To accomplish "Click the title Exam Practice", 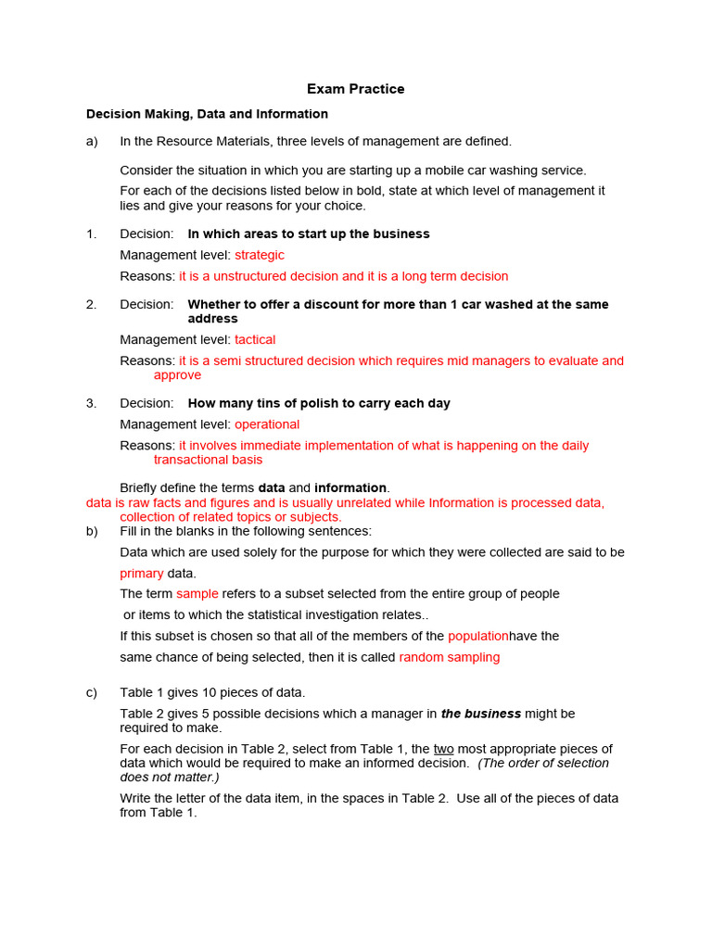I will pyautogui.click(x=356, y=90).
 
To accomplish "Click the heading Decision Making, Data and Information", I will pyautogui.click(x=207, y=114).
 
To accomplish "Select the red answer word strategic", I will pyautogui.click(x=260, y=255).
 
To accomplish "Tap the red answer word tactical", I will pyautogui.click(x=255, y=340).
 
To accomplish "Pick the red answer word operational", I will pyautogui.click(x=267, y=424).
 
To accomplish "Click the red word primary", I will pyautogui.click(x=142, y=574).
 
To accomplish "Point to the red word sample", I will pyautogui.click(x=197, y=594).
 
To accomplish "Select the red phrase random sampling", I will pyautogui.click(x=449, y=657).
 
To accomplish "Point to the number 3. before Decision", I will pyautogui.click(x=91, y=403).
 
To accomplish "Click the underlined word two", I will pyautogui.click(x=443, y=749).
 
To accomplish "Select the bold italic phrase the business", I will pyautogui.click(x=480, y=714).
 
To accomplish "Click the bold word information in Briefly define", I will pyautogui.click(x=350, y=487).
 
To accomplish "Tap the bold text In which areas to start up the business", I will pyautogui.click(x=309, y=234).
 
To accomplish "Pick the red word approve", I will pyautogui.click(x=177, y=375).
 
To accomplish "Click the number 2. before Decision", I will pyautogui.click(x=91, y=305).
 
